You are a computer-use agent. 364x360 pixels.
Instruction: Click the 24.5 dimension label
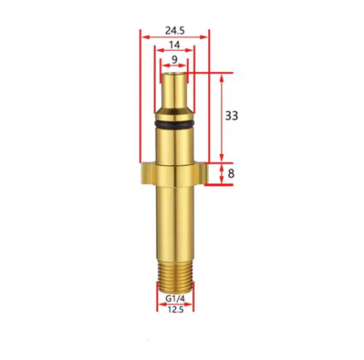click(175, 31)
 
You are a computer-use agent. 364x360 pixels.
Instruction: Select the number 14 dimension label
click(175, 45)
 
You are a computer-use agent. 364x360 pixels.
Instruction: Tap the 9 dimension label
click(175, 59)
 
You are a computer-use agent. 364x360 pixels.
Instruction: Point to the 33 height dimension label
click(232, 116)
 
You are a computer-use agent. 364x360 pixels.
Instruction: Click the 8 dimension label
click(231, 174)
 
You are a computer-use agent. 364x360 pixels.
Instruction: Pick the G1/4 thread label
click(175, 299)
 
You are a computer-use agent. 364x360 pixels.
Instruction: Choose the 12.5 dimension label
click(175, 309)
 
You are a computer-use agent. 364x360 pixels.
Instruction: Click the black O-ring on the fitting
click(174, 124)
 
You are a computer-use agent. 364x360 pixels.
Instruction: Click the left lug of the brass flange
click(148, 173)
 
